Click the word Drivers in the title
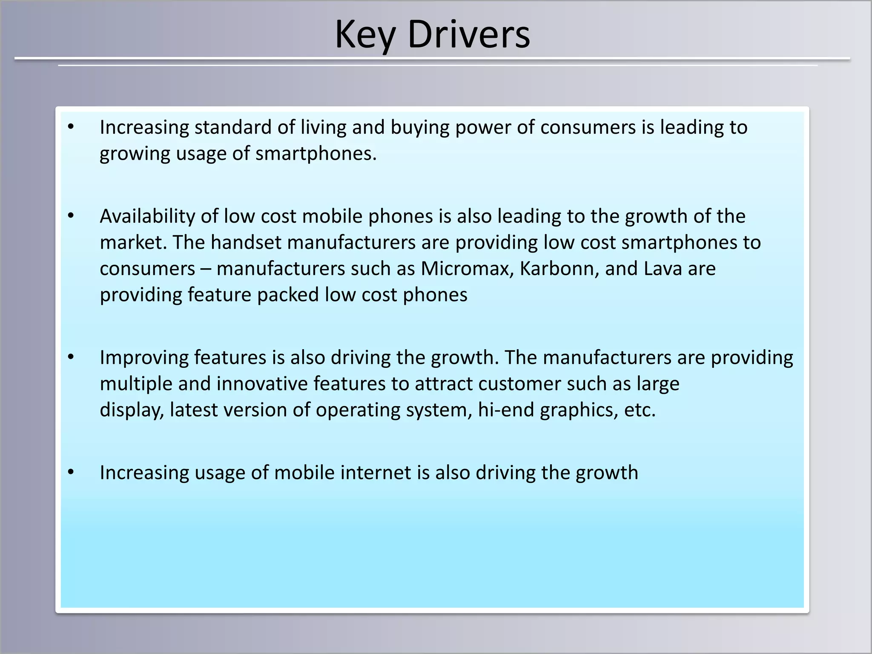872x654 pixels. tap(468, 35)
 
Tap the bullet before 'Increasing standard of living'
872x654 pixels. tap(71, 126)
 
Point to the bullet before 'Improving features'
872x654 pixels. tap(71, 357)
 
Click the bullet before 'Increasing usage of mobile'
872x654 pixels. tap(71, 472)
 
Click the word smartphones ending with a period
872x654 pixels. tap(316, 154)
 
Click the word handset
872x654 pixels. tap(246, 242)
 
